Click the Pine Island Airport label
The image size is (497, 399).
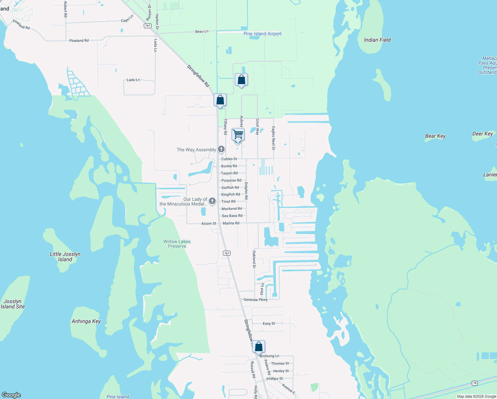[262, 34]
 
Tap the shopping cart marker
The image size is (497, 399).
[238, 135]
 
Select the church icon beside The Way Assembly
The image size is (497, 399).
[221, 149]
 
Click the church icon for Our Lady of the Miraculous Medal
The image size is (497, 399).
[212, 201]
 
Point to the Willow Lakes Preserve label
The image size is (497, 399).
[177, 244]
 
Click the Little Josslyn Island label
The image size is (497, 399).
[65, 257]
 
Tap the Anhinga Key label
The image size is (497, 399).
[86, 321]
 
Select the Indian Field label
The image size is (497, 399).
[377, 40]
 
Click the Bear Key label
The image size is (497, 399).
[435, 136]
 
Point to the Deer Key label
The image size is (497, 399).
[482, 134]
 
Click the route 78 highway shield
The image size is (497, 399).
[475, 383]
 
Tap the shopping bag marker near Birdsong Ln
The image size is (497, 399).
[258, 346]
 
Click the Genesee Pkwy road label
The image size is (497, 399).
[255, 300]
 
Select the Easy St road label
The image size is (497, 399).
[269, 324]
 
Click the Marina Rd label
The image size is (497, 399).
[231, 223]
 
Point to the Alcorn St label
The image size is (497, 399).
[209, 223]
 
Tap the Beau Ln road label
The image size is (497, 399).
[202, 31]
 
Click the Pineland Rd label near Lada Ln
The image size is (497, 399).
[79, 41]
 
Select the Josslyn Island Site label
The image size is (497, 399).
[13, 304]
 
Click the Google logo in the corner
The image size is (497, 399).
[11, 395]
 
